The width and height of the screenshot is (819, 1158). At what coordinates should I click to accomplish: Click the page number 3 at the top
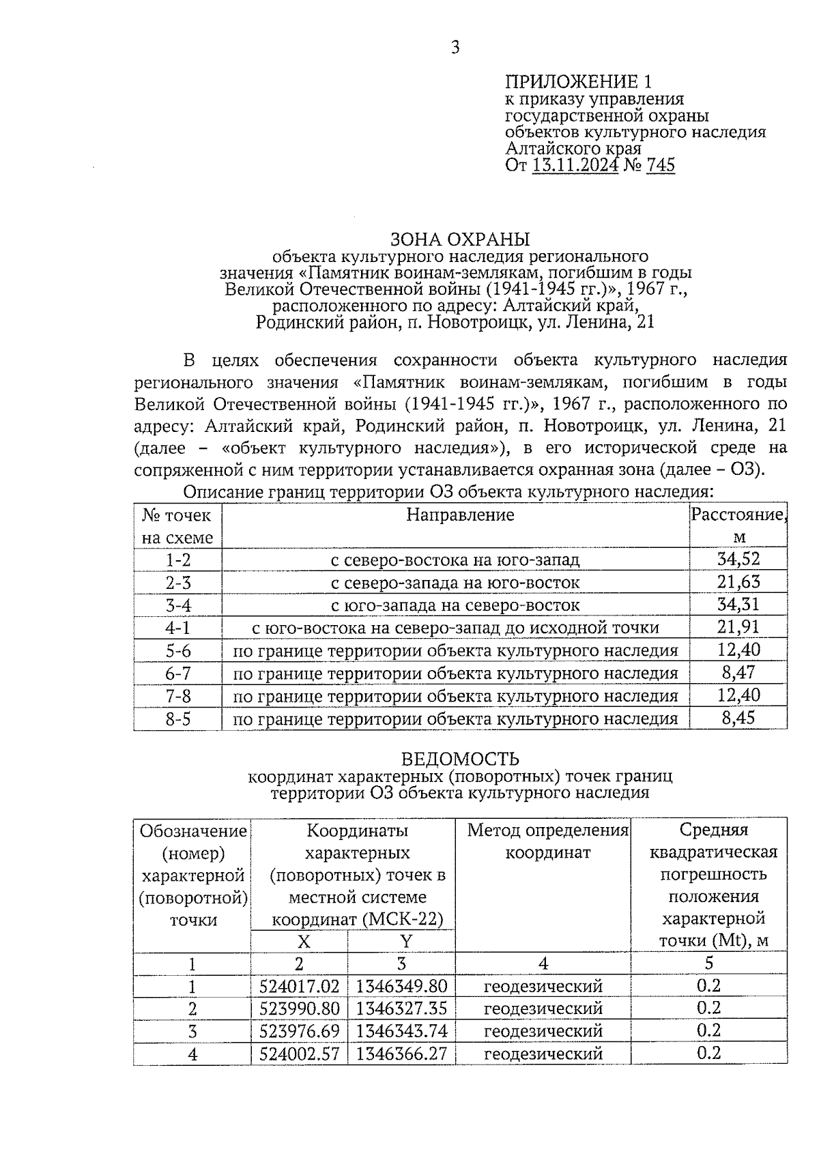click(x=455, y=47)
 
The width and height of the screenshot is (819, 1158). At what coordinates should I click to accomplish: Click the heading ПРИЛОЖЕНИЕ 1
click(x=578, y=82)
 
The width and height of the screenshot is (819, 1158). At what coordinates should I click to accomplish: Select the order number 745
click(x=659, y=165)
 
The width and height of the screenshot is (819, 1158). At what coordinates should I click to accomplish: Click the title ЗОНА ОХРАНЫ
click(x=459, y=240)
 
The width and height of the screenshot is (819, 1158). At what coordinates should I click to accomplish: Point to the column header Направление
click(x=459, y=515)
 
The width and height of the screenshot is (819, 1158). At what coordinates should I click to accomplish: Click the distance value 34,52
click(x=738, y=560)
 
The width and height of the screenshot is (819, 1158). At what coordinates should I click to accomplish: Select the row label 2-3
click(x=178, y=583)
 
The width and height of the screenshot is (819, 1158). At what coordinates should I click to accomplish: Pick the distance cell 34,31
click(x=738, y=605)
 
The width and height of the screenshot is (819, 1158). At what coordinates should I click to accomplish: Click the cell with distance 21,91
click(x=738, y=627)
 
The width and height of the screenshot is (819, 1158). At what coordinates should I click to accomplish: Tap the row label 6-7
click(x=178, y=674)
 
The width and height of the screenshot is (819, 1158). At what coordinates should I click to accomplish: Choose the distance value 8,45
click(x=738, y=718)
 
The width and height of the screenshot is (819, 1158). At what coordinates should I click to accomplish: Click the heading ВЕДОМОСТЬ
click(x=459, y=759)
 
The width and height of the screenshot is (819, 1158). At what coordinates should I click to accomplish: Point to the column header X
click(x=303, y=942)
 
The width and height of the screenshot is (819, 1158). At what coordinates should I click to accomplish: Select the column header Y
click(x=405, y=942)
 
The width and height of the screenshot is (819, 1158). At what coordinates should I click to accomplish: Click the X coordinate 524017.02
click(x=299, y=987)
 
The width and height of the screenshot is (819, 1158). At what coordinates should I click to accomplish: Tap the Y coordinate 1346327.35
click(x=401, y=1009)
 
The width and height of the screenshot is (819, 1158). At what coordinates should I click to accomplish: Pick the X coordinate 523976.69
click(x=299, y=1031)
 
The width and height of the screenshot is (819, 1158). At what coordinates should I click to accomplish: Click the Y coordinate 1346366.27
click(x=401, y=1054)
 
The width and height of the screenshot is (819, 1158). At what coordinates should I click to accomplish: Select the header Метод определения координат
click(x=547, y=841)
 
